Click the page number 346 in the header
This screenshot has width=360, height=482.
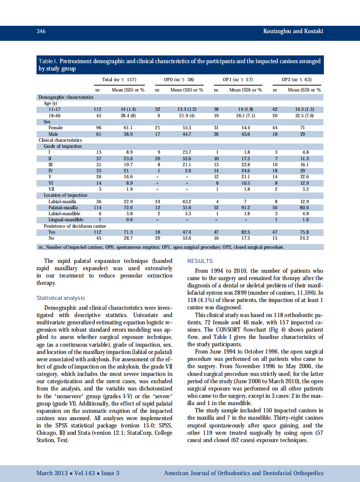tap(41, 31)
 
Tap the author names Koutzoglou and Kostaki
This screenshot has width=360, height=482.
tap(293, 31)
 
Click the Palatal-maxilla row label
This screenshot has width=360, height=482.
tap(63, 207)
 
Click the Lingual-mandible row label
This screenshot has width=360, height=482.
tap(66, 220)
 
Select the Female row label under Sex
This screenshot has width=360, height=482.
tap(56, 128)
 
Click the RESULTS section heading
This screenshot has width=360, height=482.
tap(200, 261)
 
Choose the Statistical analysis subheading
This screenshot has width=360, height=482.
tap(61, 298)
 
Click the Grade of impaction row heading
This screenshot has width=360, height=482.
tap(62, 146)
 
